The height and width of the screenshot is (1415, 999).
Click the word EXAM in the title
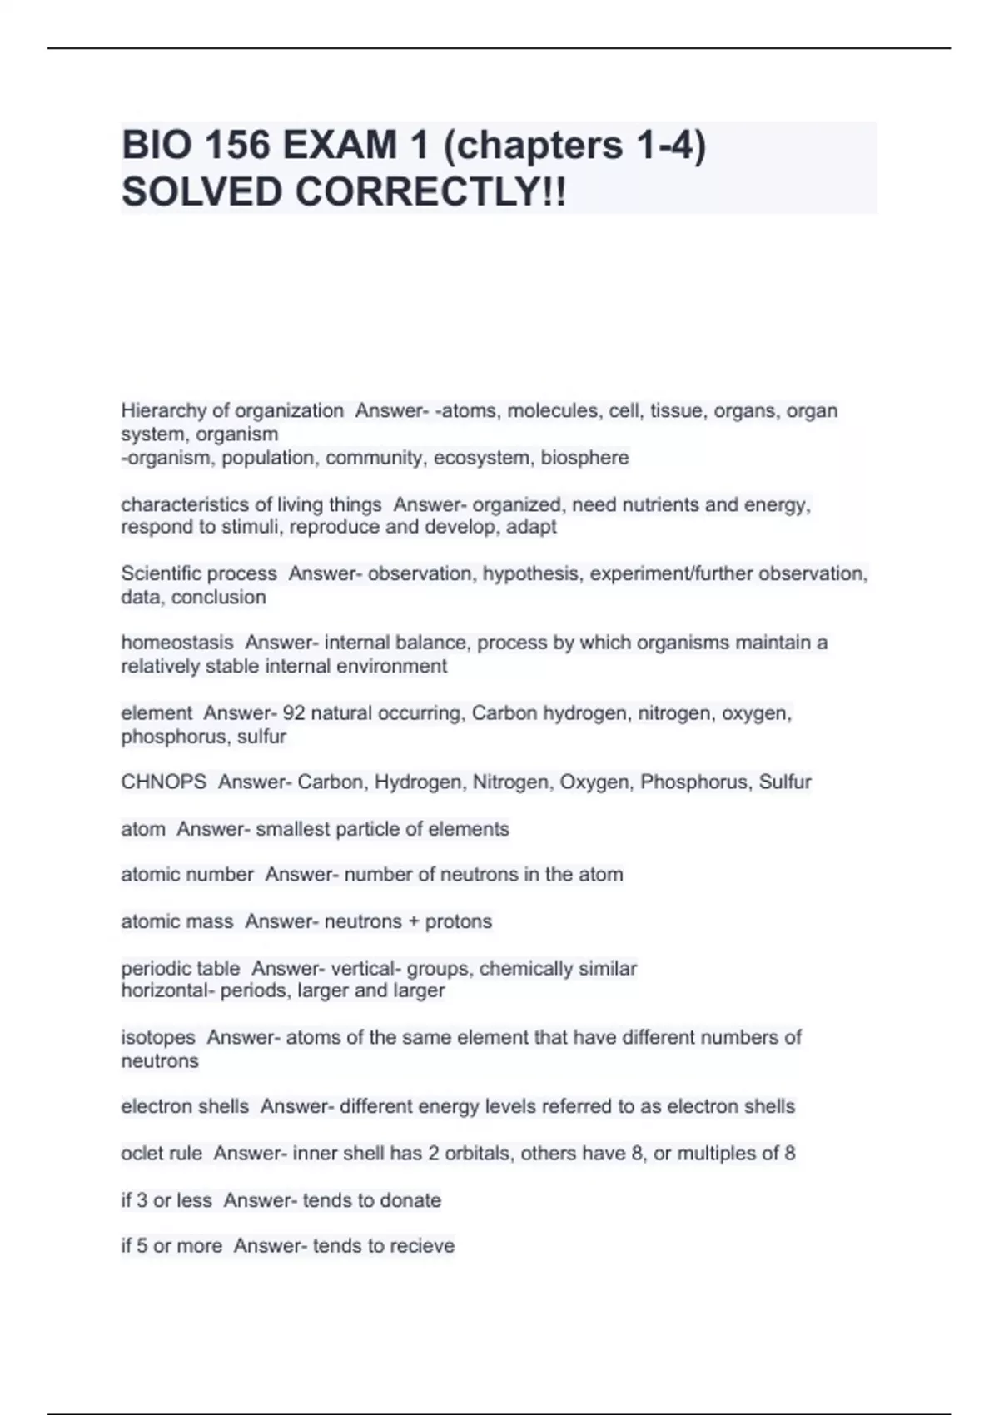(339, 146)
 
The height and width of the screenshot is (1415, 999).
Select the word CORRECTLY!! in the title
(430, 192)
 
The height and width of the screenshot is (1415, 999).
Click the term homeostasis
(177, 643)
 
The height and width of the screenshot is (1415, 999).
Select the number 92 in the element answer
(294, 713)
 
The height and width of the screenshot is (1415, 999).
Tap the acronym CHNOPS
(164, 782)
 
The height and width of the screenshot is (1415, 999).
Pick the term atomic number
(187, 875)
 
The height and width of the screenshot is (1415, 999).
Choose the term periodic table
(181, 969)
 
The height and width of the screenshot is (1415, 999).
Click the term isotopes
(158, 1038)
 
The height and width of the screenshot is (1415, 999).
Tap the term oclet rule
(162, 1154)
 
